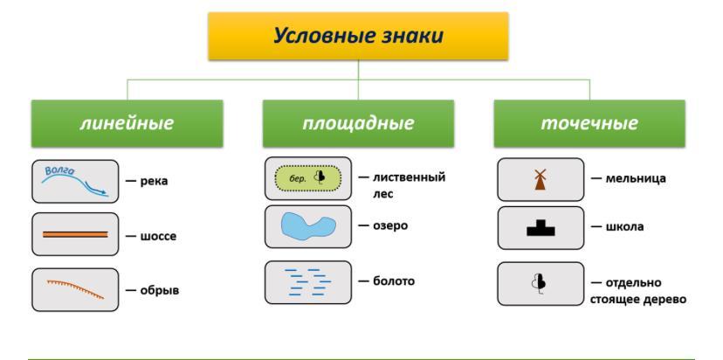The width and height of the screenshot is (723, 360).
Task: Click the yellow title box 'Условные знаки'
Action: pos(358,36)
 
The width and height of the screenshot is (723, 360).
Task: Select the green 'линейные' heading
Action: pos(127,123)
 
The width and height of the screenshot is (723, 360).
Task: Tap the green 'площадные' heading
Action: pos(358,123)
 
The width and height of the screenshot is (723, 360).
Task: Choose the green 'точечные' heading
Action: pos(589,123)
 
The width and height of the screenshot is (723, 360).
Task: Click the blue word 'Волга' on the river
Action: pos(60,170)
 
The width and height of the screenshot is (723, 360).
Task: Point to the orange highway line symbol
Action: pos(76,234)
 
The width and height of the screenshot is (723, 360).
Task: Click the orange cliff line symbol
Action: pos(76,289)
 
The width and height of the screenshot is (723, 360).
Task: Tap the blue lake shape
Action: pos(307,225)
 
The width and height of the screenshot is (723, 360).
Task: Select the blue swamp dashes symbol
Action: pos(307,281)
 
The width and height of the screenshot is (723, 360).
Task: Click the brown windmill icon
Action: pos(540,179)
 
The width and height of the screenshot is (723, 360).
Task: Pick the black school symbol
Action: pos(541,228)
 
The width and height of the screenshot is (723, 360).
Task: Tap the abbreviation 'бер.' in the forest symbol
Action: pos(298,179)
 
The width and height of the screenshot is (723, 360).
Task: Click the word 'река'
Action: pos(154,182)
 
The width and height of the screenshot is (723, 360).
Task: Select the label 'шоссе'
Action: pos(158,237)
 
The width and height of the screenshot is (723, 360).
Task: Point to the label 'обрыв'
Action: pos(160,291)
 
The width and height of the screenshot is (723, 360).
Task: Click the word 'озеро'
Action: pos(390,225)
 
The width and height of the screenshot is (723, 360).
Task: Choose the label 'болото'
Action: pos(394,280)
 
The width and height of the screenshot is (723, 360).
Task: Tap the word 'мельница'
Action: pos(636,178)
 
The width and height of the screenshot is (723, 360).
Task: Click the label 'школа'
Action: pos(624,227)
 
